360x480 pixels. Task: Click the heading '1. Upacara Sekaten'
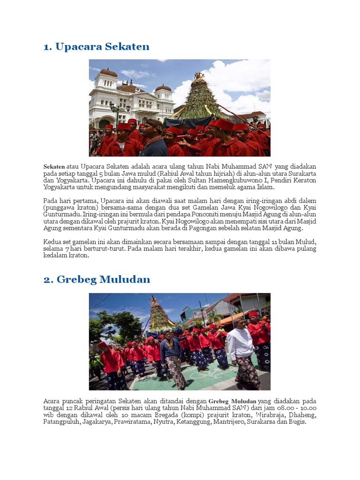pos(96,46)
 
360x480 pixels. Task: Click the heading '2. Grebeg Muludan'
pos(97,279)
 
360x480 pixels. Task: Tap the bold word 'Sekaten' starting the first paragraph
pos(54,166)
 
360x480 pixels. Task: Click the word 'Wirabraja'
pos(267,415)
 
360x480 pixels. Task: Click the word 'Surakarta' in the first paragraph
pos(300,173)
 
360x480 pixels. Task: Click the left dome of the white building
pos(109,74)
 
